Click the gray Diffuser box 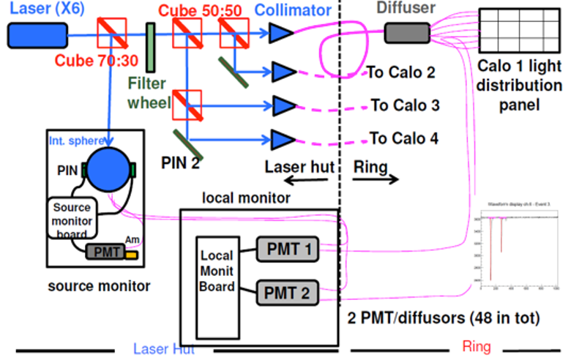[x=407, y=32]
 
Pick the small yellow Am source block [x=132, y=256]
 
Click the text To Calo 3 [x=405, y=105]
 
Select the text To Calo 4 [x=404, y=138]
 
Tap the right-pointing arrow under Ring [x=384, y=181]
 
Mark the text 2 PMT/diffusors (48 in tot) [x=438, y=318]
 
